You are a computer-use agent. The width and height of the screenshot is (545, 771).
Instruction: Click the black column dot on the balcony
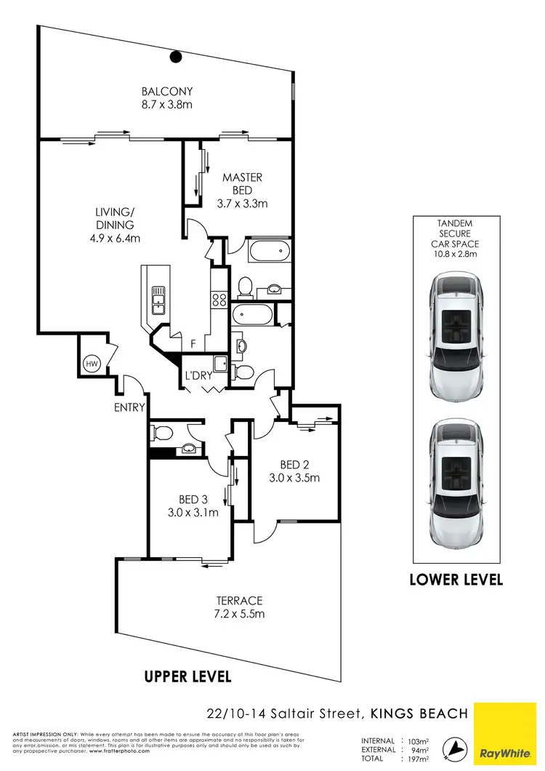[x=175, y=57]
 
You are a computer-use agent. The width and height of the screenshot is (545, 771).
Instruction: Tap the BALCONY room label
[x=167, y=92]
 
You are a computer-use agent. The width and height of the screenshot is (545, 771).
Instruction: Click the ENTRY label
[x=129, y=407]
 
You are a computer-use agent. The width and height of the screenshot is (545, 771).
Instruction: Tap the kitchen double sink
[x=158, y=299]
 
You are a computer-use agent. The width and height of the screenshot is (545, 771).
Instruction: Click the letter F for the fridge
[x=193, y=343]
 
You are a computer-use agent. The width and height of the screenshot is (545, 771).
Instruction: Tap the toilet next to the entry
[x=161, y=434]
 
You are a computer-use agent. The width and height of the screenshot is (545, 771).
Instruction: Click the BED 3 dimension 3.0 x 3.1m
[x=193, y=512]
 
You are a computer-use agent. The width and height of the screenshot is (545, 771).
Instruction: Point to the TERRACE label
[x=238, y=601]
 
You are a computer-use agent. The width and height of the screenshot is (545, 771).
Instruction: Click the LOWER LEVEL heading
[x=456, y=580]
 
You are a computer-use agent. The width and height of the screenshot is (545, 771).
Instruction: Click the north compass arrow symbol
[x=455, y=748]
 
